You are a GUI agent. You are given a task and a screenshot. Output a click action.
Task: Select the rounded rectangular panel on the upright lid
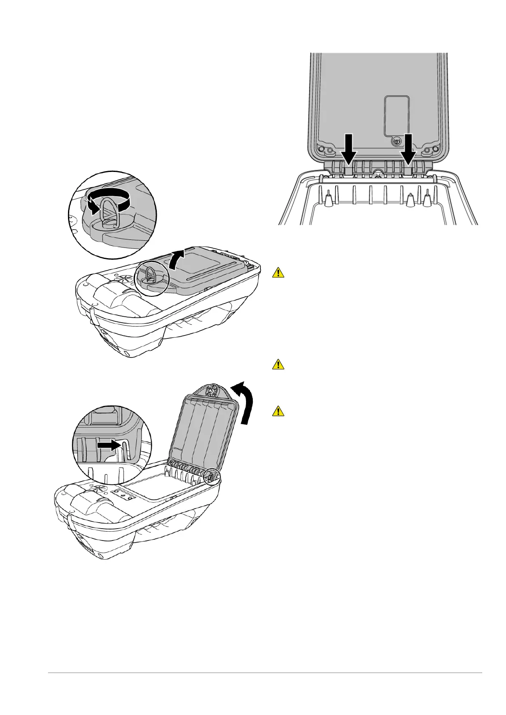[396, 115]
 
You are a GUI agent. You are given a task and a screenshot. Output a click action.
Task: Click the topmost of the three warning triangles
[278, 272]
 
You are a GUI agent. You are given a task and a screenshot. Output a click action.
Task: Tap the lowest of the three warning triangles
[278, 411]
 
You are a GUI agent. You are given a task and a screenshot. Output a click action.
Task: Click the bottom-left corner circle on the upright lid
[322, 149]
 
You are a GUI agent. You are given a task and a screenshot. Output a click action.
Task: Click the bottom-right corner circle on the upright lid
[435, 149]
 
